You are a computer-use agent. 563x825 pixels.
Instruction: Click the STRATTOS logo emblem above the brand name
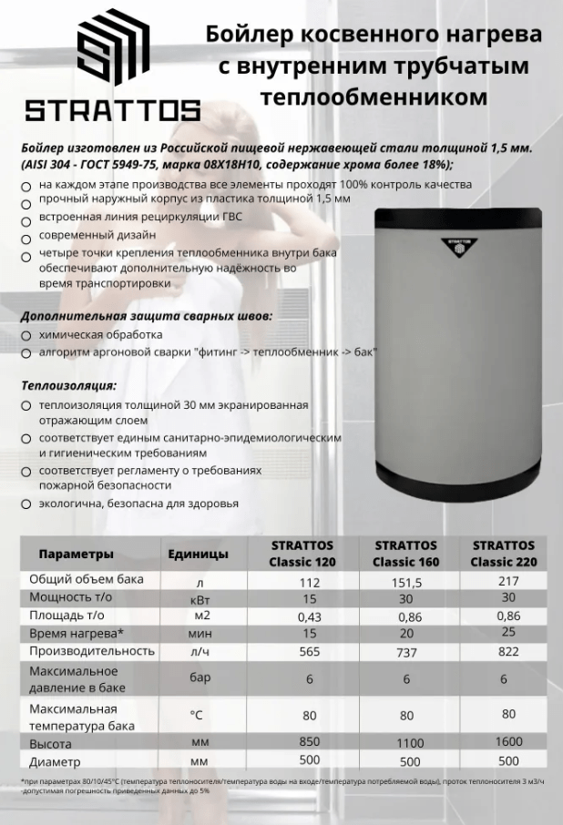tap(111, 49)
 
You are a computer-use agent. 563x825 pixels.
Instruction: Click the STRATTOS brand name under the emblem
tap(112, 111)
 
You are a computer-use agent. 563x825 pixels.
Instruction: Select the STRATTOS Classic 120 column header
tap(302, 554)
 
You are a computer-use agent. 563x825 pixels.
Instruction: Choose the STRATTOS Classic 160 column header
tap(406, 554)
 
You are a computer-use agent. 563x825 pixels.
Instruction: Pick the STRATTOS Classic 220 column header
tap(504, 554)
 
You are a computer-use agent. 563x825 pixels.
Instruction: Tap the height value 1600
tap(509, 742)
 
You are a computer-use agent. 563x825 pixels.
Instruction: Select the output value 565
tap(309, 652)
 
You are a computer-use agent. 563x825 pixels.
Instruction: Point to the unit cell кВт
tap(200, 600)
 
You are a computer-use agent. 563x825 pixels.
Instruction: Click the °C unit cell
tap(196, 716)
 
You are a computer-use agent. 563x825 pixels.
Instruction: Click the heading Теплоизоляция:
tap(69, 385)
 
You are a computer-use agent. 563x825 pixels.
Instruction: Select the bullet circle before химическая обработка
tap(26, 336)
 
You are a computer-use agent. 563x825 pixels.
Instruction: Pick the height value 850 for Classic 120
tap(309, 742)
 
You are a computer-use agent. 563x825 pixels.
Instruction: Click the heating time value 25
tap(508, 632)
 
